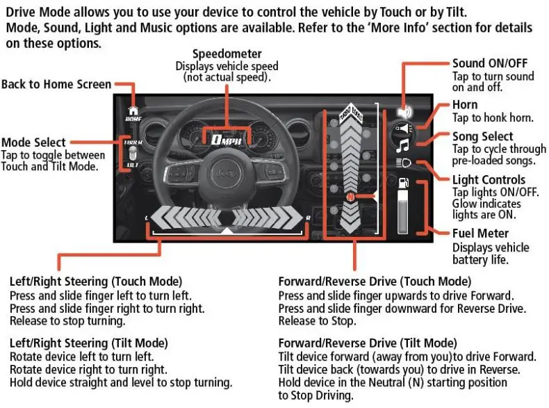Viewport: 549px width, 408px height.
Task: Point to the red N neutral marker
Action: [351, 197]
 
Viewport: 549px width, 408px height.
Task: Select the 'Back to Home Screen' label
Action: [56, 84]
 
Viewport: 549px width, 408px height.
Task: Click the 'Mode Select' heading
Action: [34, 142]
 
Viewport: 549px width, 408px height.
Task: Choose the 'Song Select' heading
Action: [483, 136]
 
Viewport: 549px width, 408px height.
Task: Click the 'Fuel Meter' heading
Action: [481, 234]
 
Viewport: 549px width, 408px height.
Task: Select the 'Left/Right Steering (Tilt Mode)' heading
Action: [89, 343]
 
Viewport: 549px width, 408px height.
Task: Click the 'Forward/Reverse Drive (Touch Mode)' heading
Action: [375, 281]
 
